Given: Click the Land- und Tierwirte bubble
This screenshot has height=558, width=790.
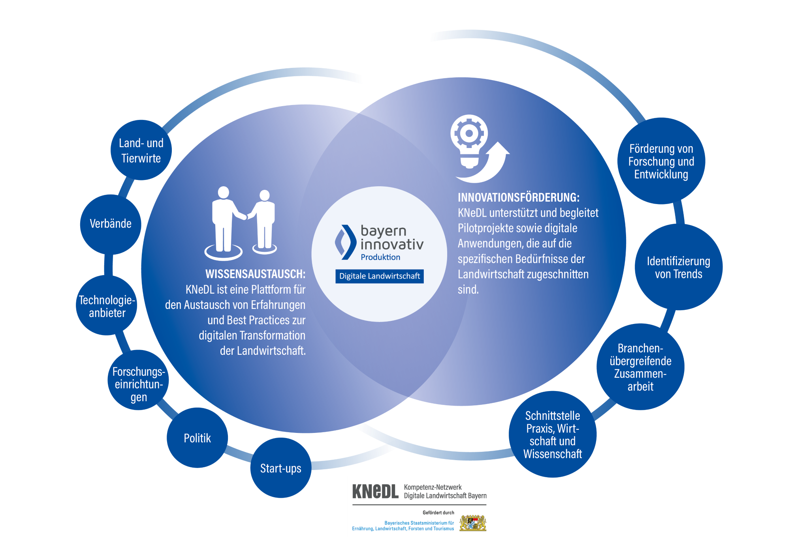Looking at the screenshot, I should pyautogui.click(x=141, y=150).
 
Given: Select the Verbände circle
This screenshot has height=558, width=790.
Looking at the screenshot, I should pyautogui.click(x=111, y=224).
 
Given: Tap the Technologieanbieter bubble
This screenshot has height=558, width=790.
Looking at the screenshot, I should pyautogui.click(x=107, y=306).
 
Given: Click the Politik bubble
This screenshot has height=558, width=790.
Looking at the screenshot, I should pyautogui.click(x=197, y=438).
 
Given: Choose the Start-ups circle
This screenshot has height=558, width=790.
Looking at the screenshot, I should pyautogui.click(x=280, y=468).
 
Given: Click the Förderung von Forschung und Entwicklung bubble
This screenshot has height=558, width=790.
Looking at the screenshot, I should pyautogui.click(x=661, y=161).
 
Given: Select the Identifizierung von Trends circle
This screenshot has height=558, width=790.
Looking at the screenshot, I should pyautogui.click(x=678, y=268).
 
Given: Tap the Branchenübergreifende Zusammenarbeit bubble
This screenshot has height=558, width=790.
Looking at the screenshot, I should pyautogui.click(x=640, y=367).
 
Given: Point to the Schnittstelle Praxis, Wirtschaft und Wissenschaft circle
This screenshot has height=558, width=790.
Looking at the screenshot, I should pyautogui.click(x=552, y=434).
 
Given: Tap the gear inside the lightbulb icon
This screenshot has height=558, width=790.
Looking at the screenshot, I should pyautogui.click(x=469, y=133).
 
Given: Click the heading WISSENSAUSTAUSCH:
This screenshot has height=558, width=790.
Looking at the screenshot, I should pyautogui.click(x=255, y=274).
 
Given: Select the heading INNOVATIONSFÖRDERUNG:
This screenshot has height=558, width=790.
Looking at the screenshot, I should pyautogui.click(x=519, y=197).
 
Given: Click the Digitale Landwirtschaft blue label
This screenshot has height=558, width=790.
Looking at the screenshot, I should pyautogui.click(x=379, y=276).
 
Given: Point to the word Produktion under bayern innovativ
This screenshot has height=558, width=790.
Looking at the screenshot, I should pyautogui.click(x=380, y=257).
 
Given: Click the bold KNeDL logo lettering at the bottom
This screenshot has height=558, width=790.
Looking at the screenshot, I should pyautogui.click(x=375, y=492).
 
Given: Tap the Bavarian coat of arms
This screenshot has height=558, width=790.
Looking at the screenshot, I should pyautogui.click(x=473, y=523).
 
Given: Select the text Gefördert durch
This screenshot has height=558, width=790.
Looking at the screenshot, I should pyautogui.click(x=438, y=513).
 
